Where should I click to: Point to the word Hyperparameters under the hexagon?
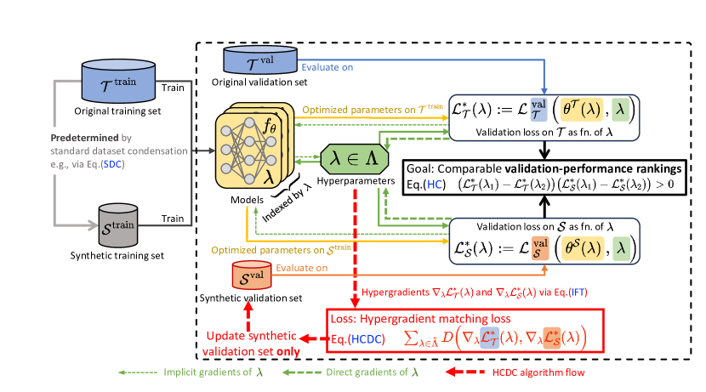tap(355, 182)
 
